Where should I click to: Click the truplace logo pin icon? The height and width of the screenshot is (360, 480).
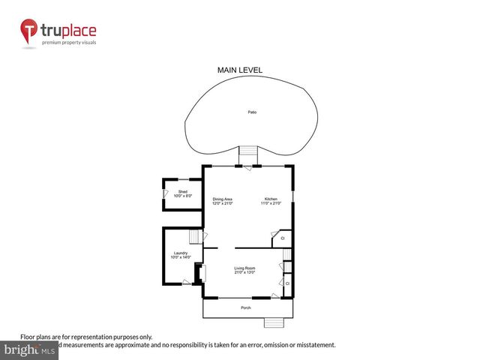(30, 33)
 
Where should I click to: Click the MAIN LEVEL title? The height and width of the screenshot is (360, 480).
(240, 70)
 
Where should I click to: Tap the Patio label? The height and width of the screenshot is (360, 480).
(253, 112)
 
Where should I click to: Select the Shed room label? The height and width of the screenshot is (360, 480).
(182, 192)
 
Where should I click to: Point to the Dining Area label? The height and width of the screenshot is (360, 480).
(222, 199)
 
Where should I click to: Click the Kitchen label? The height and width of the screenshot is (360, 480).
(270, 199)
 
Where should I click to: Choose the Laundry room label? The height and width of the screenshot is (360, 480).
(180, 253)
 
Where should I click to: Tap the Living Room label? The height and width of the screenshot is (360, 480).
(244, 268)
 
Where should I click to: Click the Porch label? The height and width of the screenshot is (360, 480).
(245, 308)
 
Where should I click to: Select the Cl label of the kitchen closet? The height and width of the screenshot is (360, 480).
(282, 238)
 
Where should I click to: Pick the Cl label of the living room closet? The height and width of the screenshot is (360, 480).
(287, 283)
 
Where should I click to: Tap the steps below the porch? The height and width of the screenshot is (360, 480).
(274, 322)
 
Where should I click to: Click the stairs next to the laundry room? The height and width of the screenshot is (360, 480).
(196, 238)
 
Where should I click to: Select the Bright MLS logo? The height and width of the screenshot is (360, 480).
(30, 350)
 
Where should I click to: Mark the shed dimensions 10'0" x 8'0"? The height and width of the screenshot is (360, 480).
(182, 196)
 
